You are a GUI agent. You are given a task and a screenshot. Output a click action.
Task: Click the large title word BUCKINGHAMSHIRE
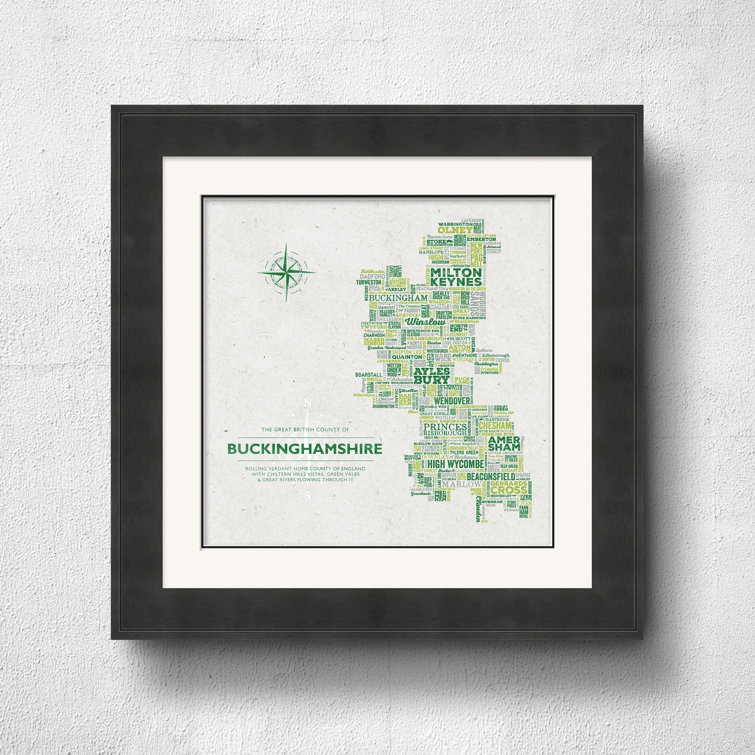coord(305,449)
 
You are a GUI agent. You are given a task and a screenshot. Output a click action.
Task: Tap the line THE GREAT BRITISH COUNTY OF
coord(305,429)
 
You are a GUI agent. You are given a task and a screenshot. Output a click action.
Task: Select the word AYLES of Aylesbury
coord(432,371)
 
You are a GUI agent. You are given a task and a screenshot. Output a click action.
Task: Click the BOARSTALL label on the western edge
coord(367,375)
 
